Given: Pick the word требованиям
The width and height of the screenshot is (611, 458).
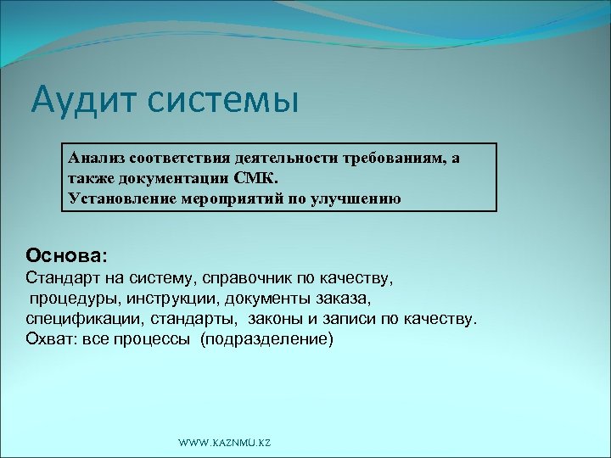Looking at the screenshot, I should pyautogui.click(x=387, y=159).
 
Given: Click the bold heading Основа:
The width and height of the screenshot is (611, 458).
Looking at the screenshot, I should pyautogui.click(x=67, y=254).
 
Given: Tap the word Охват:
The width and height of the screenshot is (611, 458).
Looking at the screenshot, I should pyautogui.click(x=50, y=339).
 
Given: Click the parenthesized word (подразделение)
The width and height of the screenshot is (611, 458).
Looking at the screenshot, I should pyautogui.click(x=267, y=339).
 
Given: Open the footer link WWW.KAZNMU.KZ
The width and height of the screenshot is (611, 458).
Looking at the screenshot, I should pyautogui.click(x=225, y=444).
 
